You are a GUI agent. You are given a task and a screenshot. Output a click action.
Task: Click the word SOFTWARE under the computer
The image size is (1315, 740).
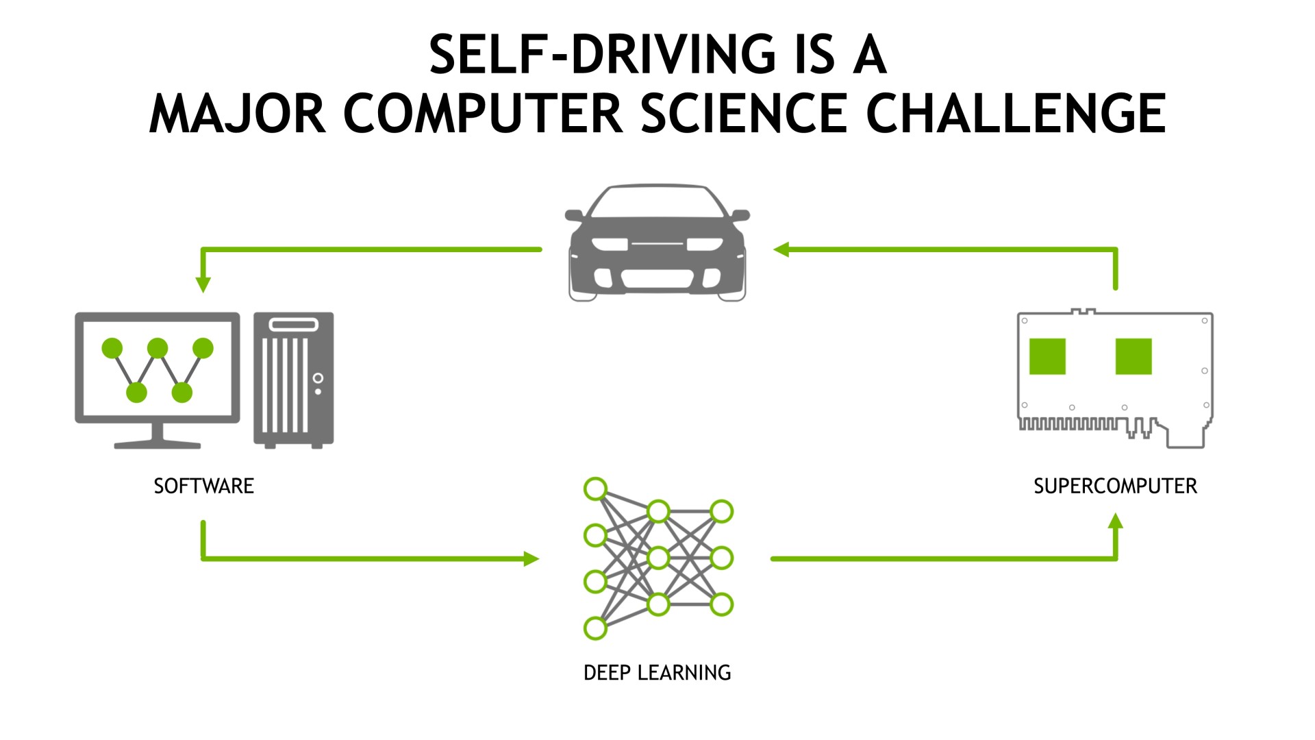tap(203, 486)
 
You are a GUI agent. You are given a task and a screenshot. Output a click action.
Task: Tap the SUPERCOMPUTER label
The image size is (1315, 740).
tap(1115, 486)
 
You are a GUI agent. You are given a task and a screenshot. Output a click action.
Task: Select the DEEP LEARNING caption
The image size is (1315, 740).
tap(657, 673)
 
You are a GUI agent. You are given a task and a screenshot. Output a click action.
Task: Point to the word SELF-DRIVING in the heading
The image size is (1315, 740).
tap(602, 54)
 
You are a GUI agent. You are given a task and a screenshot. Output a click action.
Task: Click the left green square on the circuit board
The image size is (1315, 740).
tap(1047, 356)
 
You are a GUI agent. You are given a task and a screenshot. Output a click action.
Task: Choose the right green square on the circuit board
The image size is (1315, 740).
tap(1134, 356)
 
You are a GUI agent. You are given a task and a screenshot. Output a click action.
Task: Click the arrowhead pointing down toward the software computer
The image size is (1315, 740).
tap(203, 284)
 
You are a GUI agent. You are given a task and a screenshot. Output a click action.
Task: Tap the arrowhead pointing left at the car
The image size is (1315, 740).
tap(781, 249)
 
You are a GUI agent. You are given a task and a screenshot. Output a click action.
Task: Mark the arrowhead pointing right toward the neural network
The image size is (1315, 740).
tap(531, 559)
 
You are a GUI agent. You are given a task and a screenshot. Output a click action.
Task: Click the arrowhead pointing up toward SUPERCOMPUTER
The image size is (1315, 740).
tap(1116, 521)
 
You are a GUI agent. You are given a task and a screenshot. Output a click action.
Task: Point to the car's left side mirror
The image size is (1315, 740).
tap(574, 215)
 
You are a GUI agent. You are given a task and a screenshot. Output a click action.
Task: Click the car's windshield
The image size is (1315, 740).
tap(657, 203)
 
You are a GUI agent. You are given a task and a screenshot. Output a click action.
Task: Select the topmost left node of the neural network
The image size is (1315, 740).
tap(595, 489)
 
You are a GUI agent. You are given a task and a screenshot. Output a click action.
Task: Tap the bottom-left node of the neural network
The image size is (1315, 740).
tap(595, 627)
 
